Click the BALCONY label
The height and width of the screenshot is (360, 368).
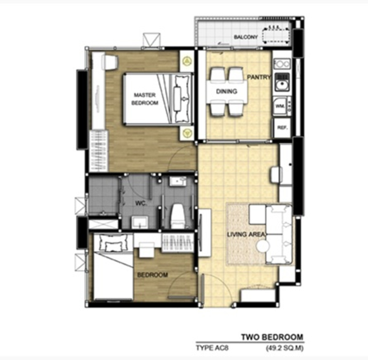pyautogui.click(x=246, y=37)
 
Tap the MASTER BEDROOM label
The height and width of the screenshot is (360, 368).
pyautogui.click(x=145, y=99)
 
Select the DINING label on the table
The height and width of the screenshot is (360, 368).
pyautogui.click(x=227, y=91)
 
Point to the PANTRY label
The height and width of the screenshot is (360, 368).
pyautogui.click(x=259, y=77)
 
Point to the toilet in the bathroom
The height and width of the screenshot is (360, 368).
pyautogui.click(x=178, y=216)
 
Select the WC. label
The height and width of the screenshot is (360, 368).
pyautogui.click(x=141, y=203)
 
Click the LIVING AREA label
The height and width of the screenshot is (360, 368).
pyautogui.click(x=246, y=234)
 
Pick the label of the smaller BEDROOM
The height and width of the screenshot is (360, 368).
pyautogui.click(x=152, y=275)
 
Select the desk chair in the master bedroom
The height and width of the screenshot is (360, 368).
pyautogui.click(x=110, y=62)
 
